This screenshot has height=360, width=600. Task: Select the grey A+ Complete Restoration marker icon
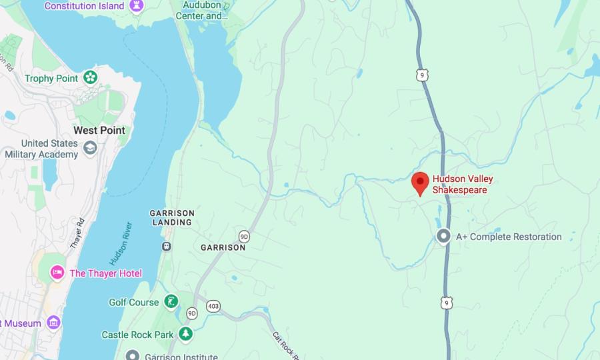pyautogui.click(x=443, y=237)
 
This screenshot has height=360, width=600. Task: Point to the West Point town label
pyautogui.click(x=99, y=130)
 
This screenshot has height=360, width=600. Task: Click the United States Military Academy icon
pyautogui.click(x=90, y=148)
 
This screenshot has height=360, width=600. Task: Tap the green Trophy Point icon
pyautogui.click(x=90, y=78)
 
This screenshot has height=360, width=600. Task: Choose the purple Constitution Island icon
pyautogui.click(x=138, y=6)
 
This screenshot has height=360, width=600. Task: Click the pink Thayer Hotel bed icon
pyautogui.click(x=57, y=273)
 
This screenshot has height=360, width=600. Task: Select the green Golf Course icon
pyautogui.click(x=171, y=302)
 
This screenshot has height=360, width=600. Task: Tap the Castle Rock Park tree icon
pyautogui.click(x=185, y=334)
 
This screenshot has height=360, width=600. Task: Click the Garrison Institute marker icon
pyautogui.click(x=133, y=355)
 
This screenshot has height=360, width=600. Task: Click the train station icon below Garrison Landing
pyautogui.click(x=166, y=246)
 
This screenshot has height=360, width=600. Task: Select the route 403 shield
pyautogui.click(x=213, y=306)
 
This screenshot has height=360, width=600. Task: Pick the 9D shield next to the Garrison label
pyautogui.click(x=244, y=236)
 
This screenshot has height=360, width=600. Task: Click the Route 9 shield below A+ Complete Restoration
pyautogui.click(x=447, y=303)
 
